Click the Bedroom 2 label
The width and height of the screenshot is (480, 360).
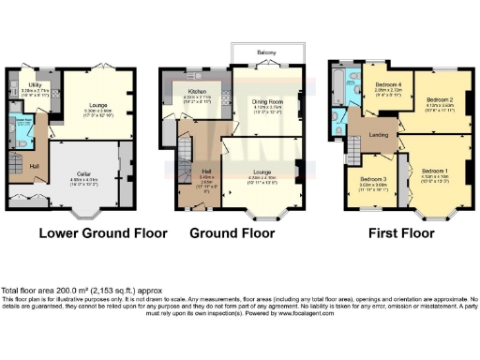coord(440,98)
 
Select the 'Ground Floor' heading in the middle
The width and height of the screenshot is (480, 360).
coord(241,232)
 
